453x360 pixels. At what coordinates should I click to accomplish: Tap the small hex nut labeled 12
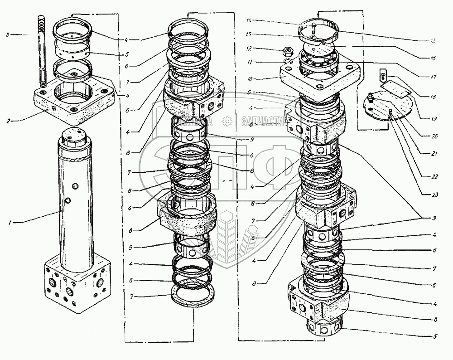coord(286,49)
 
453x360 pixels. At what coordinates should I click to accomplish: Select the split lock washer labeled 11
coord(287,61)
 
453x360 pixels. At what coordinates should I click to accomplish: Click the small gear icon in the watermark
coord(227,122)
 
